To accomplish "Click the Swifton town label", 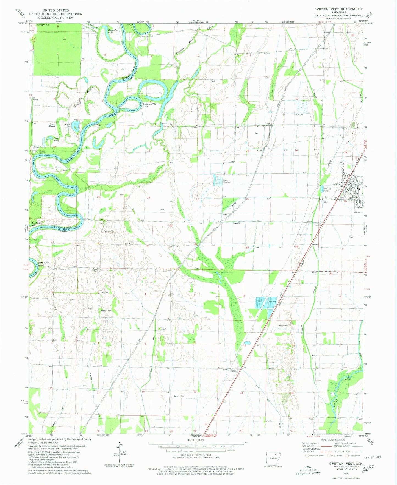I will pos(336,184).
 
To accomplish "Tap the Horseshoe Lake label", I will pos(113,31).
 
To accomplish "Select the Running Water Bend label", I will pos(150,105).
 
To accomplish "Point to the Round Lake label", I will pos(67,126).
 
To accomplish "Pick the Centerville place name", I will pos(108,231).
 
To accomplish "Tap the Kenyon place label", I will pos(104,292).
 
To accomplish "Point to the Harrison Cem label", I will pos(179,396).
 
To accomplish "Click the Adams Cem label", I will pos(283,325).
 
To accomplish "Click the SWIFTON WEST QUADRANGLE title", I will pos(338,9).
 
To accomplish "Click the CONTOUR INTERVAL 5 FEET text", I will pos(196,455).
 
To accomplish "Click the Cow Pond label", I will pos(56,139).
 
